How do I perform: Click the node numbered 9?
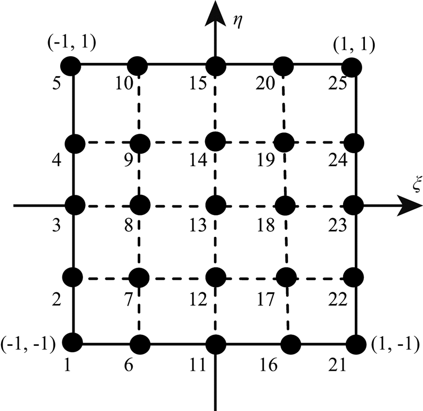click(x=141, y=143)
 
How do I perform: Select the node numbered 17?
click(x=286, y=276)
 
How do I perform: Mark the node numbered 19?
click(x=284, y=142)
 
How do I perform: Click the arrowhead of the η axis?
click(x=215, y=12)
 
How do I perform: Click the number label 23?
click(x=337, y=225)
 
